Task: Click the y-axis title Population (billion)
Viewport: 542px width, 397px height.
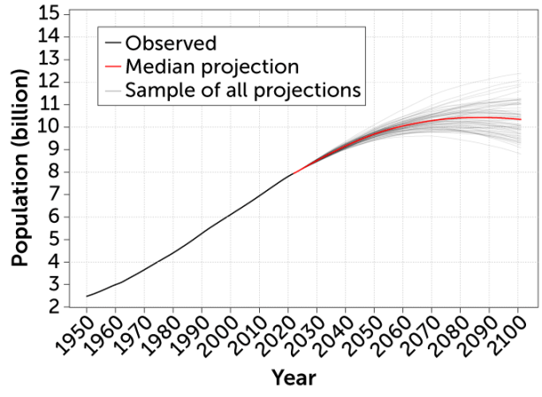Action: click(21, 168)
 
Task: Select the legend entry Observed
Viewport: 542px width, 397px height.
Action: click(171, 42)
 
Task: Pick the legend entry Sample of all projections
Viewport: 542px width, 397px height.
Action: click(243, 89)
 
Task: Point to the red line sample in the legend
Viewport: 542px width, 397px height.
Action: click(112, 66)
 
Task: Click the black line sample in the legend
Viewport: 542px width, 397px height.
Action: click(112, 42)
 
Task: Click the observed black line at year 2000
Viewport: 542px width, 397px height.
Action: click(231, 215)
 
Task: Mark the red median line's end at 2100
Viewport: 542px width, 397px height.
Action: click(520, 119)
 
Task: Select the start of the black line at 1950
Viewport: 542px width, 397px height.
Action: click(87, 296)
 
